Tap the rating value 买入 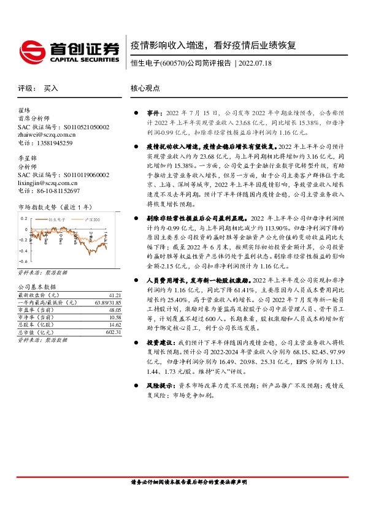point(50,88)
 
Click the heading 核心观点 point(145,88)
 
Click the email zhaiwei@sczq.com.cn point(47,135)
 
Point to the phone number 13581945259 point(54,143)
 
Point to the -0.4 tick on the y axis point(24,250)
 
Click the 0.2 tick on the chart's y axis point(25,219)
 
